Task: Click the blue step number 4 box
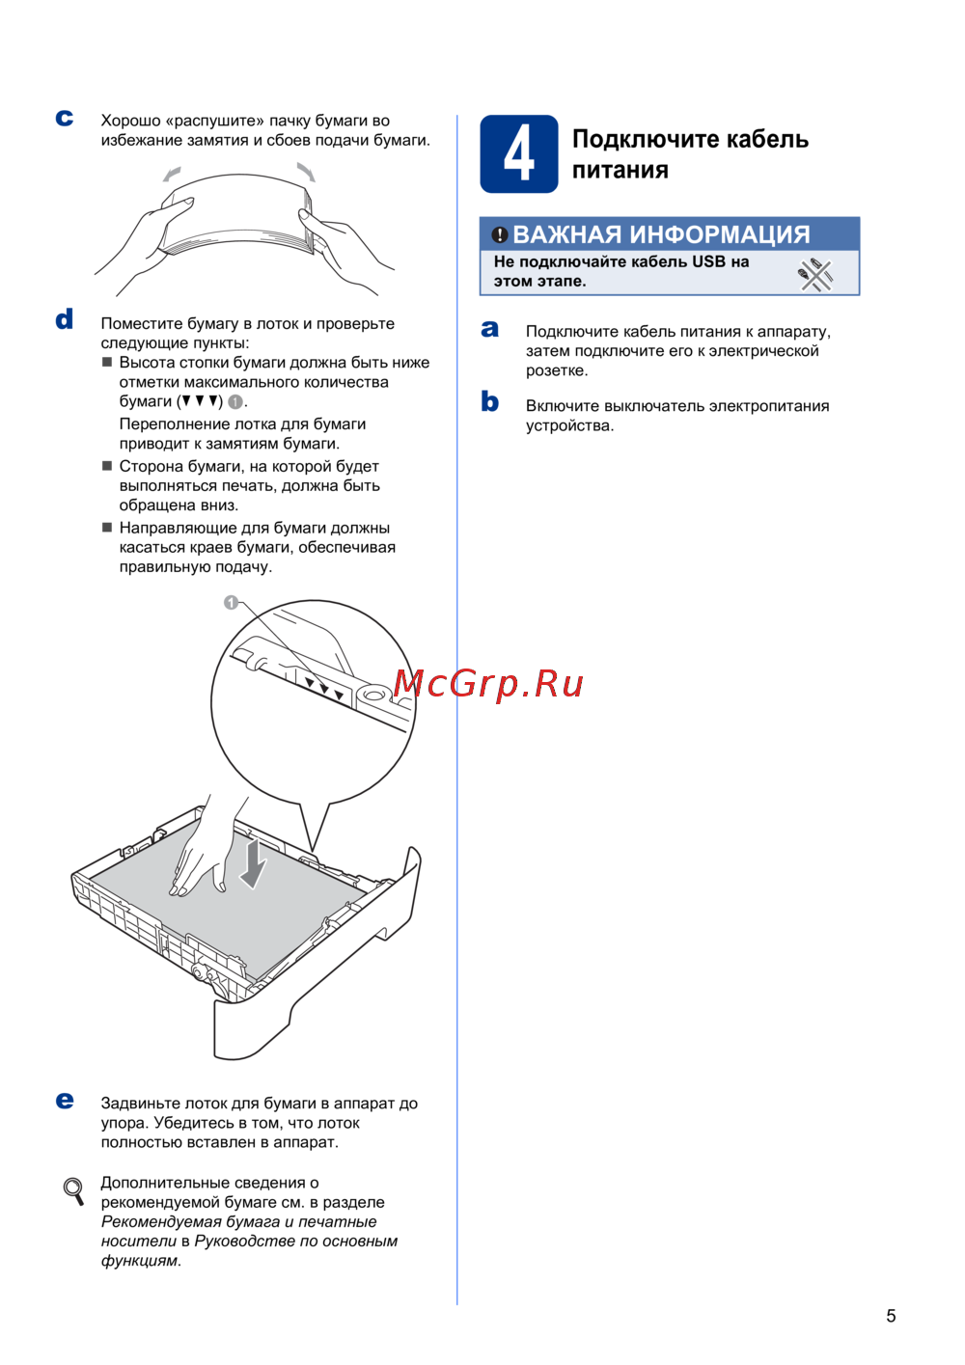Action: [518, 153]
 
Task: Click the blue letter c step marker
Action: [65, 118]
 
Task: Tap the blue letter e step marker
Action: [65, 1100]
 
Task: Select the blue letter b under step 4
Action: [489, 401]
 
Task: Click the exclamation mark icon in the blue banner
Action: [499, 234]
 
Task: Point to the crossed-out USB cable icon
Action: [815, 276]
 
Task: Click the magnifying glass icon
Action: [73, 1190]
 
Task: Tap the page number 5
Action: [891, 1316]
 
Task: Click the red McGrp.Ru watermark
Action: [487, 684]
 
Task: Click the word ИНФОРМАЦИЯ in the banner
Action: [719, 234]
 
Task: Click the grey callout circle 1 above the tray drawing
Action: [231, 603]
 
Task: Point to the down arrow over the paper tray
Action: [253, 863]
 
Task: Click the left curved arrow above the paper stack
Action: [172, 175]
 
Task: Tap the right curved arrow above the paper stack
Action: [306, 172]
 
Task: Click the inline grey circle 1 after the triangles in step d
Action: [235, 402]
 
